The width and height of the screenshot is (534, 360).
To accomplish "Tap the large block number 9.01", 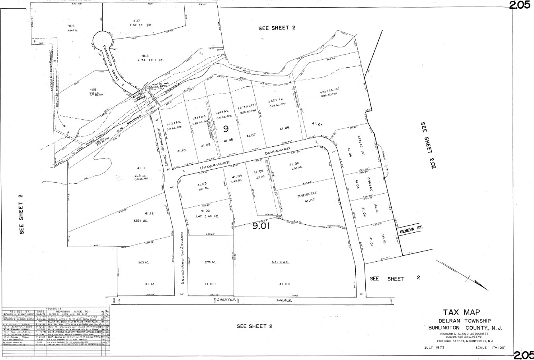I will point(261,227).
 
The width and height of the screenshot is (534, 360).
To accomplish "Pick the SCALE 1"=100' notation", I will point(490,348).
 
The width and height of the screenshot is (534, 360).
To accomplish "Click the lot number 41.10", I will point(182,150).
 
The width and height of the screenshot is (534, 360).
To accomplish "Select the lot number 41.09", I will point(206,145).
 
